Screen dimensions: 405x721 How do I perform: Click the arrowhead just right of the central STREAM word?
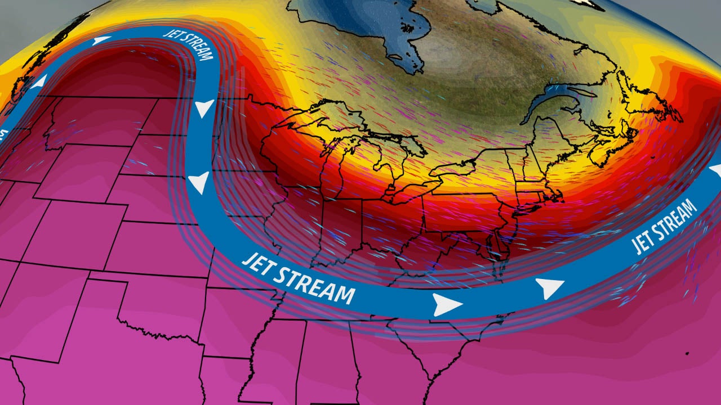click(x=447, y=304)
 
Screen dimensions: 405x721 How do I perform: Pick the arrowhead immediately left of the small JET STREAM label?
click(x=101, y=40)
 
